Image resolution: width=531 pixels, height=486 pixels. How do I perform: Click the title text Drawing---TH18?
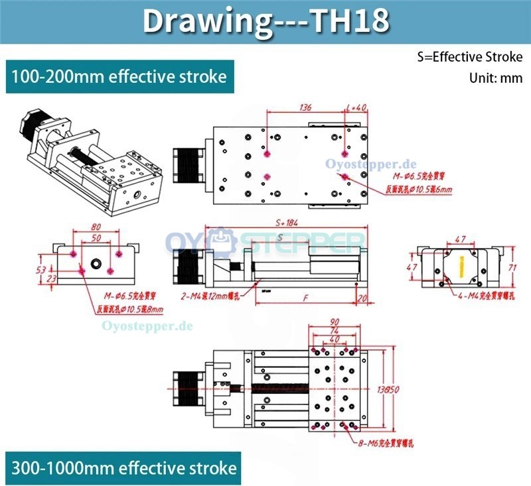click(265, 22)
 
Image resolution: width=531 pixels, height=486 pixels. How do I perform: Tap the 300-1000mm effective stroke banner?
click(123, 468)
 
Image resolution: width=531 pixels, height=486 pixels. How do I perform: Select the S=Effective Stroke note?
click(470, 56)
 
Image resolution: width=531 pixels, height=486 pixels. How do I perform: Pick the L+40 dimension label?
click(356, 107)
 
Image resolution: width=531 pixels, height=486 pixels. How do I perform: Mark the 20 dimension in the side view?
click(362, 299)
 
